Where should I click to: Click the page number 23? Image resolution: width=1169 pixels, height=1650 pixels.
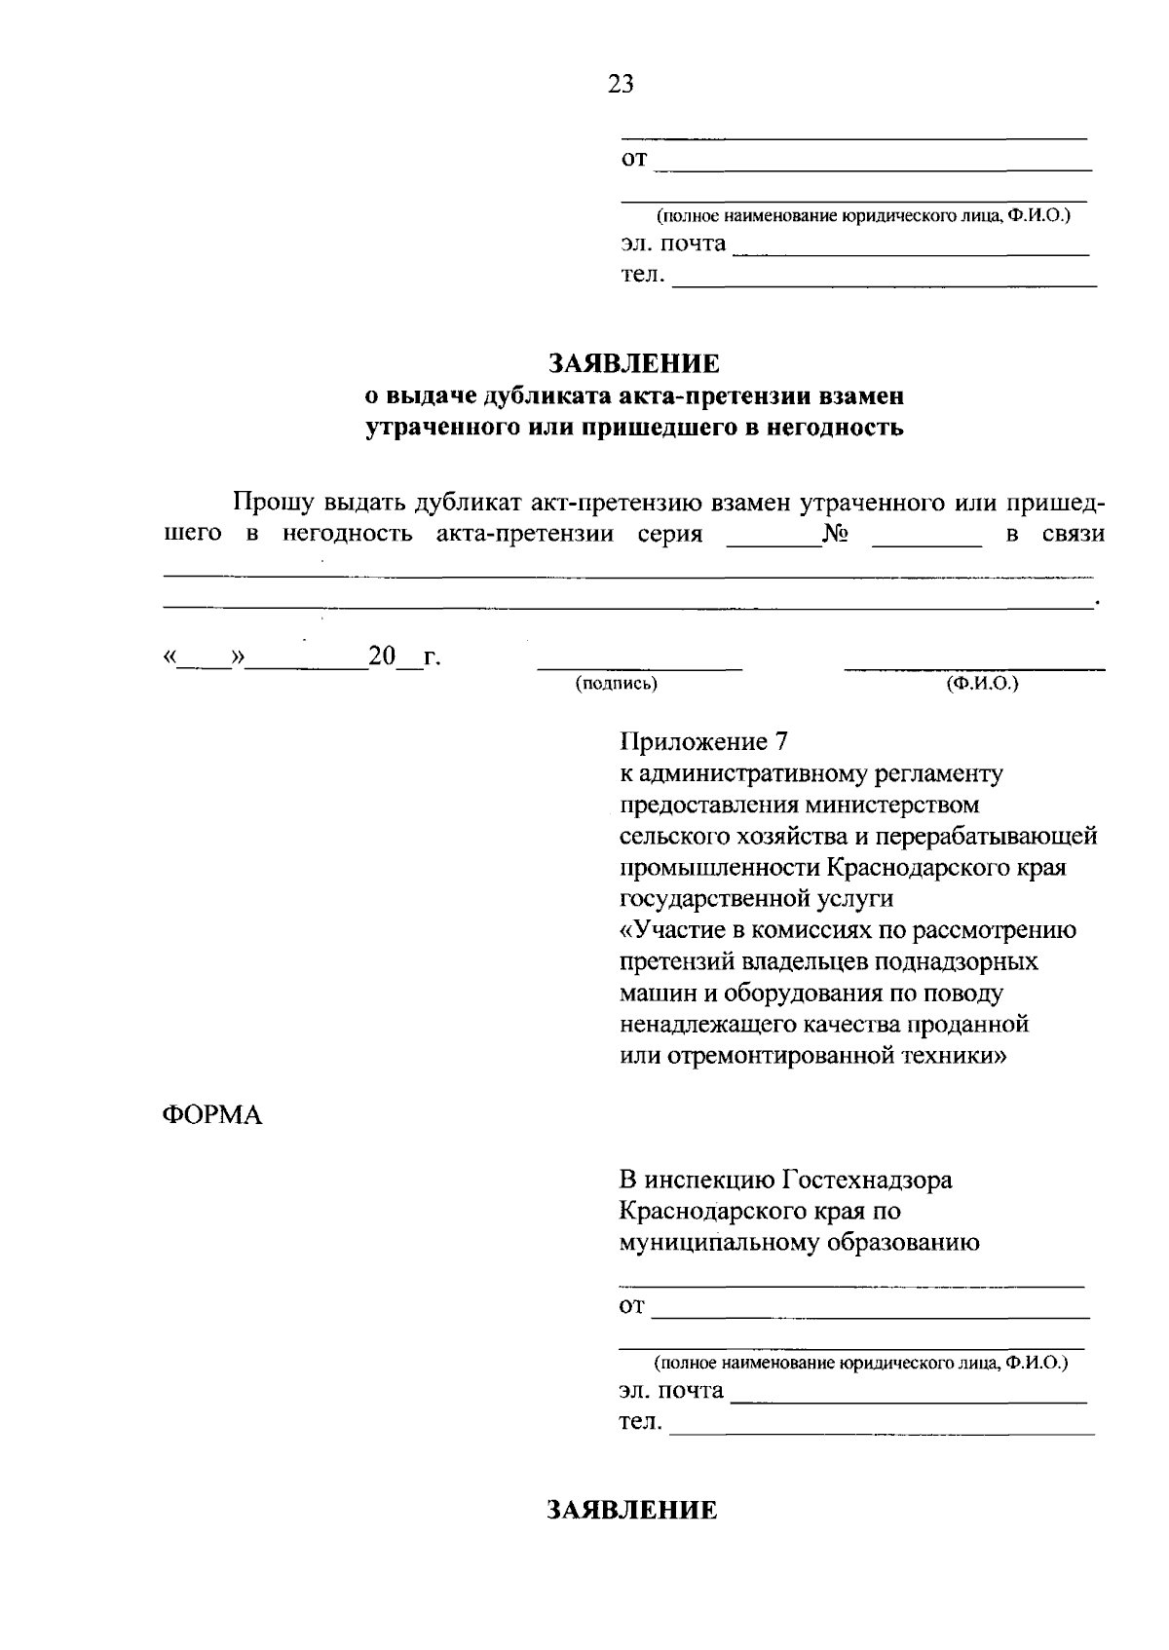click(621, 85)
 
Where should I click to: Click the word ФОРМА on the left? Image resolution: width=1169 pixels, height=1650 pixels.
click(211, 1115)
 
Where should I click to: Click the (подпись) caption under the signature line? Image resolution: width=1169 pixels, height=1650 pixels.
click(617, 684)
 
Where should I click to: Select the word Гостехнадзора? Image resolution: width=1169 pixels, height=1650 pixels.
click(867, 1180)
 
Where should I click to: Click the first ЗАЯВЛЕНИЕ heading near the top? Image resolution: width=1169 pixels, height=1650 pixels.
click(633, 364)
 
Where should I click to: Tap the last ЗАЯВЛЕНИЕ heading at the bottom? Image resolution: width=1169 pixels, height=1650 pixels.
click(631, 1510)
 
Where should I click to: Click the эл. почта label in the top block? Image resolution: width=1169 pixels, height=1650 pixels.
click(673, 244)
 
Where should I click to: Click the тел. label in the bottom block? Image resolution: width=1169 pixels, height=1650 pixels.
click(640, 1423)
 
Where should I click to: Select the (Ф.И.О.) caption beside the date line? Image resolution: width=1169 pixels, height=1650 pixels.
click(981, 684)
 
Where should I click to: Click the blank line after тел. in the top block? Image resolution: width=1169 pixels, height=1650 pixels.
click(885, 282)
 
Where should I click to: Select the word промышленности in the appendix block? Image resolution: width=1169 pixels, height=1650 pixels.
click(719, 868)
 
